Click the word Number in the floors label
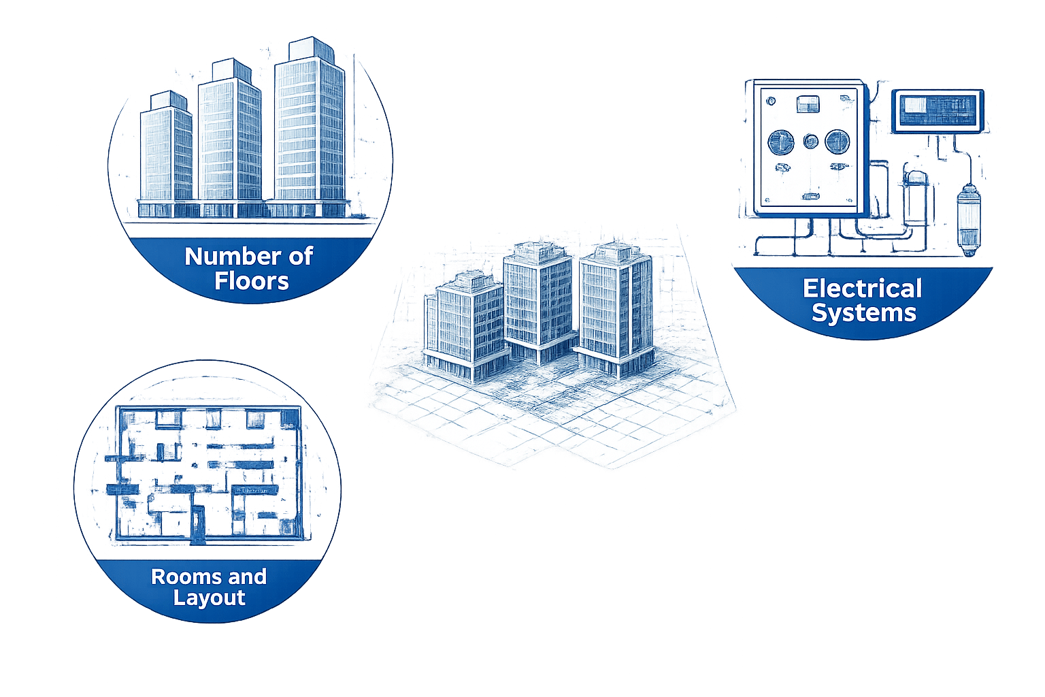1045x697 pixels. tap(222, 257)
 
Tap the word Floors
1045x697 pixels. tap(252, 281)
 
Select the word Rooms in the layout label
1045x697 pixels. tap(179, 577)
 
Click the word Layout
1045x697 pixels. tap(209, 598)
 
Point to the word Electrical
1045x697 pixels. tap(862, 289)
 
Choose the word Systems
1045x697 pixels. tap(864, 313)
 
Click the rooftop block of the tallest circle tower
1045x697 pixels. tap(309, 49)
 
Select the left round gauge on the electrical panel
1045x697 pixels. tap(780, 142)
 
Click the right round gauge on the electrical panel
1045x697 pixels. tap(837, 142)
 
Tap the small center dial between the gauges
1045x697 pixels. tap(810, 142)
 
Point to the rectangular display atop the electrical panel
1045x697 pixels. tap(808, 103)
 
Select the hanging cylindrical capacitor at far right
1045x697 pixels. tap(968, 218)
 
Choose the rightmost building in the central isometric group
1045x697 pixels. tap(612, 306)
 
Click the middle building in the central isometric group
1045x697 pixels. tap(537, 299)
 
